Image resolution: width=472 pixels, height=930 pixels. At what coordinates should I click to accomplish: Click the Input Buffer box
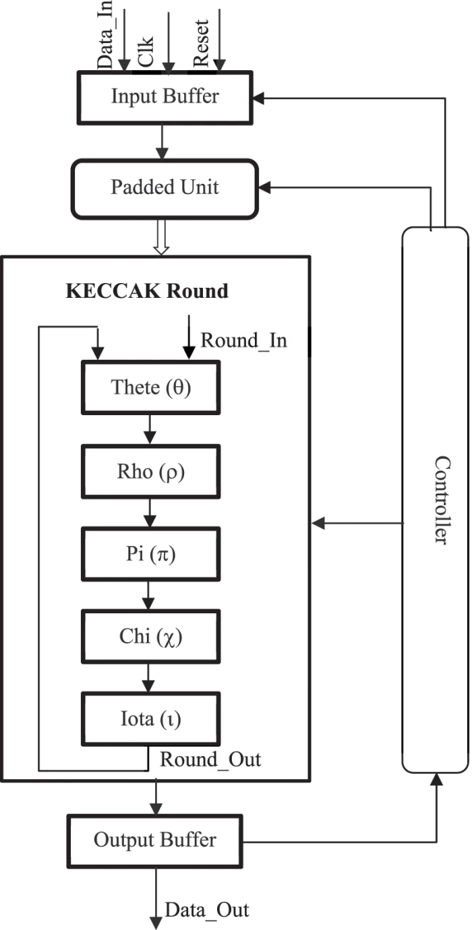tap(165, 96)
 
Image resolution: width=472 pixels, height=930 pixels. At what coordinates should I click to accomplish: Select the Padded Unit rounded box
tap(165, 187)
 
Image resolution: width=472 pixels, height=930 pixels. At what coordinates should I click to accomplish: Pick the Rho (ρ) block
tap(150, 472)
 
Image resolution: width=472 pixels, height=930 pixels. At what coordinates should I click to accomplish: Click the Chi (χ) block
tap(150, 637)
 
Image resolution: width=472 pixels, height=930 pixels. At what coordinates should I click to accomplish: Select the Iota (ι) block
tap(150, 720)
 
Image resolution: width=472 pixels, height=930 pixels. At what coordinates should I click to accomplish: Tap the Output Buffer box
tap(155, 840)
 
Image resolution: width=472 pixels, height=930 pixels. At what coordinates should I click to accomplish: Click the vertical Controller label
tap(442, 500)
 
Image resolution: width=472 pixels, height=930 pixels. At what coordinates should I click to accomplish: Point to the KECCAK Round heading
tap(147, 291)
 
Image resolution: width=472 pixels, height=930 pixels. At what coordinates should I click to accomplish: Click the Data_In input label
tap(105, 37)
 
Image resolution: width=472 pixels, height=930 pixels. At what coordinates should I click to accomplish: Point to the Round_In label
tap(243, 340)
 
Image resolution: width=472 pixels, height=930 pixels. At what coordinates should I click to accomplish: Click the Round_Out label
tap(210, 759)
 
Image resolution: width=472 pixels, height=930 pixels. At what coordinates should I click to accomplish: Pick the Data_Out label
tap(207, 910)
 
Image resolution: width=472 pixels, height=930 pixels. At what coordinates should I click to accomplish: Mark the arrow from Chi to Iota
tap(150, 678)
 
